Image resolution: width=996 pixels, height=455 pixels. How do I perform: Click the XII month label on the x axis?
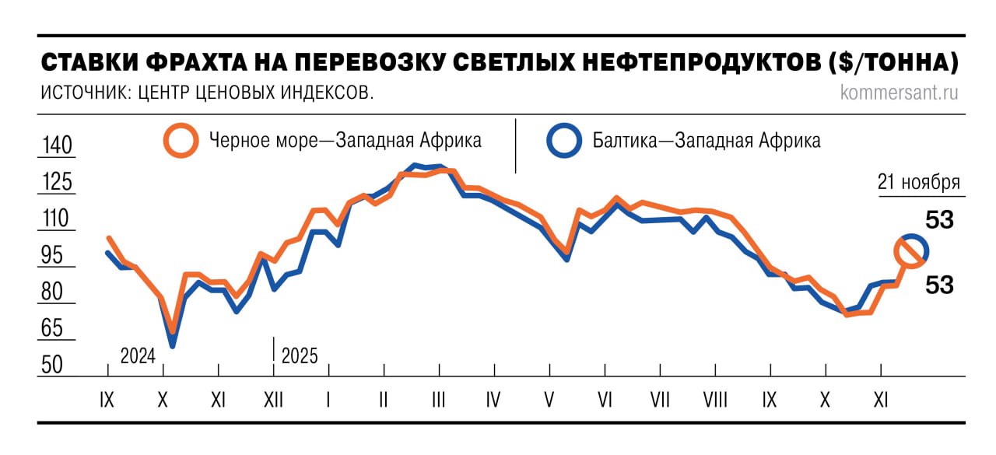(273, 401)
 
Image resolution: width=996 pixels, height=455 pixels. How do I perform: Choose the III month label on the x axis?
(438, 401)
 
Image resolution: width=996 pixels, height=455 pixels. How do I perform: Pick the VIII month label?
(714, 401)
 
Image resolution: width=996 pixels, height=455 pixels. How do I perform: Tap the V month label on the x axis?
(549, 401)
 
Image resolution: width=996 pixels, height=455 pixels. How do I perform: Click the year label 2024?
(138, 356)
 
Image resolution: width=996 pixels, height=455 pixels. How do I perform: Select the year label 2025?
(300, 356)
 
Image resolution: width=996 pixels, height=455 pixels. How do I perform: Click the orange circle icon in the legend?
(181, 140)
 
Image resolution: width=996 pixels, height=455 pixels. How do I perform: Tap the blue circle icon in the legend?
(563, 140)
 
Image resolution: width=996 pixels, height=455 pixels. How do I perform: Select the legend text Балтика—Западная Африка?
(707, 141)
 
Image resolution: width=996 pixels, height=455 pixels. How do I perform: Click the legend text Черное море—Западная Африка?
(345, 141)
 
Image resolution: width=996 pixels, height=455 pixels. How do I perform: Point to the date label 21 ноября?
(918, 183)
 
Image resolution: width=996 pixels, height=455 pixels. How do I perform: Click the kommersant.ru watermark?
(900, 93)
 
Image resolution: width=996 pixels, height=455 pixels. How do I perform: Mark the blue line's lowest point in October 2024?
(172, 345)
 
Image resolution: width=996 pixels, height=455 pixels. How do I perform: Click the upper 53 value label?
(939, 221)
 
